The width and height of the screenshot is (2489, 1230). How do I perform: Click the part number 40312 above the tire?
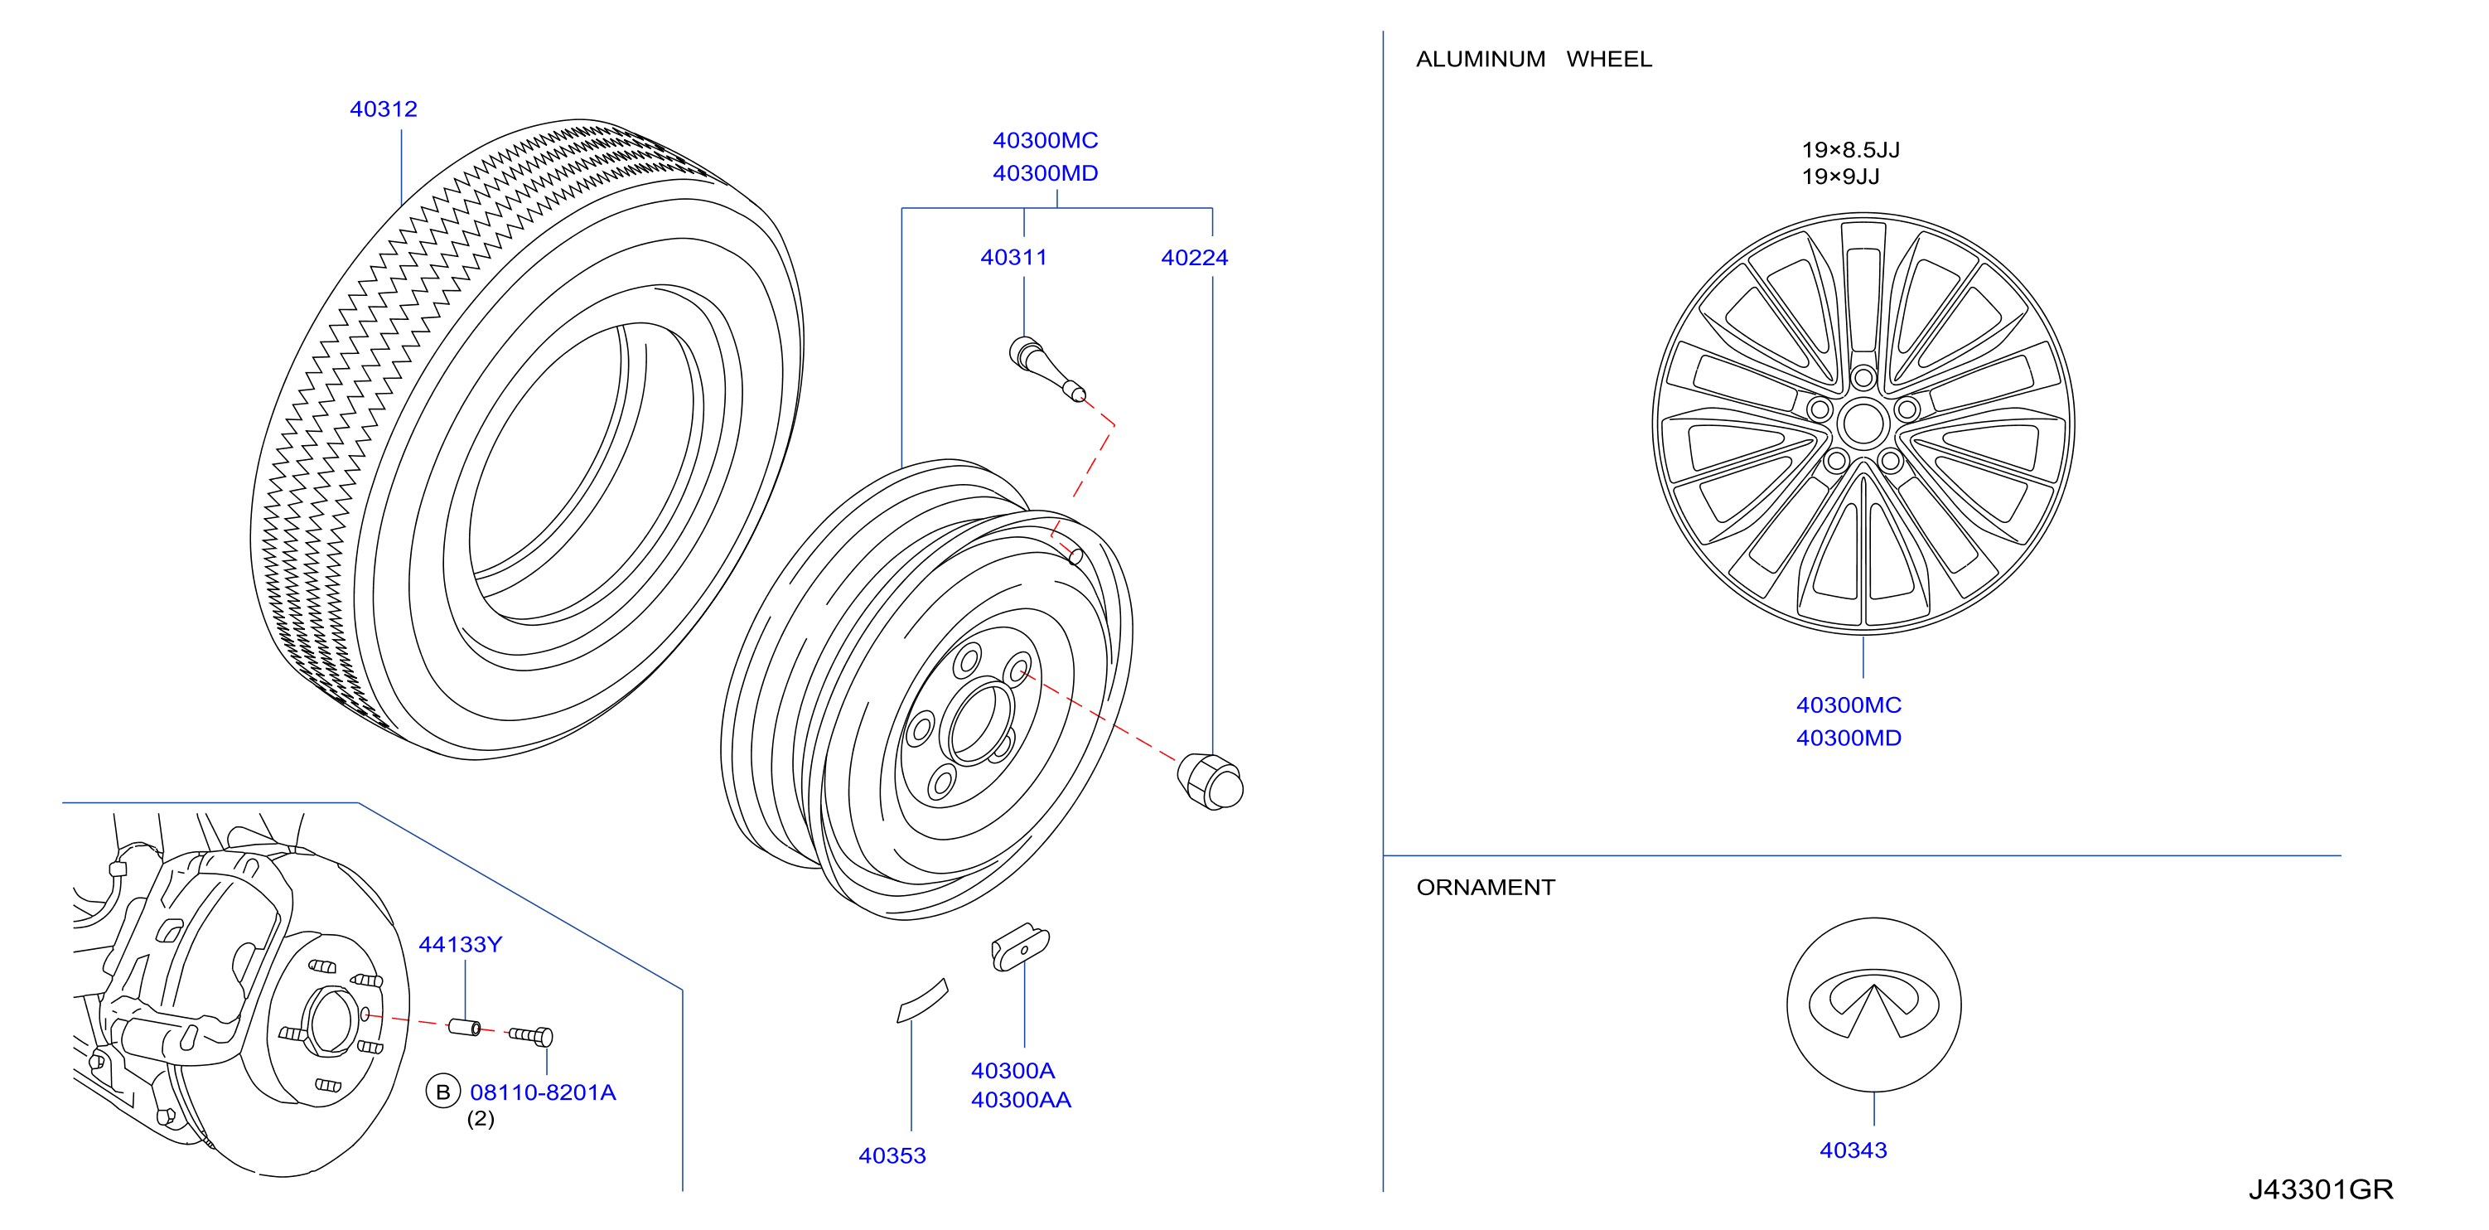coord(384,109)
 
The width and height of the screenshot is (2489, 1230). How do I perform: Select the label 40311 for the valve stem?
coord(1013,257)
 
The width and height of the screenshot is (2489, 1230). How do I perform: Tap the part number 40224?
coord(1194,258)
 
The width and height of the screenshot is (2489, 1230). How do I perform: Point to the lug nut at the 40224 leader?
coord(1210,781)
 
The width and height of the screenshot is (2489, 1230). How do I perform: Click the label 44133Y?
coord(460,944)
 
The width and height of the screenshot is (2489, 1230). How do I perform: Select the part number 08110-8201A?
coord(542,1092)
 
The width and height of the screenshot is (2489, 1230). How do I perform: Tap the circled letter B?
coord(442,1092)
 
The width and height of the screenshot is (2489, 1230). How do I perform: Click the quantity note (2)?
coord(481,1119)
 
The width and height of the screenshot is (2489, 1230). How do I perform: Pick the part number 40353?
coord(892,1155)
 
